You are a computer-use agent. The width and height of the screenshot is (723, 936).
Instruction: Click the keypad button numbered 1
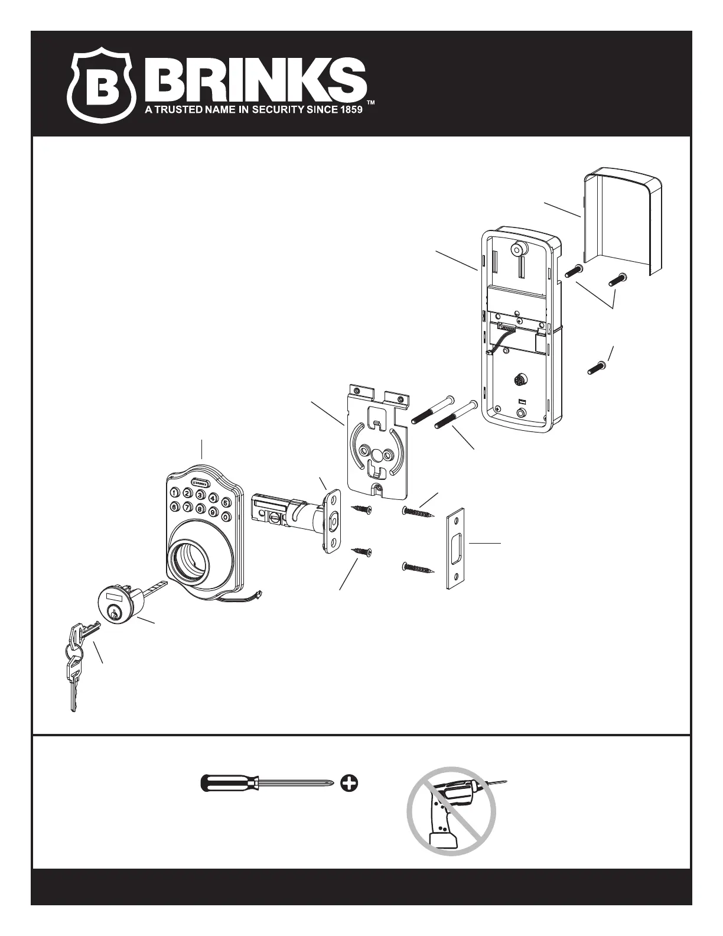[175, 492]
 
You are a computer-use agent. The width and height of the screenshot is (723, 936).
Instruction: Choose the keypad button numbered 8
[200, 509]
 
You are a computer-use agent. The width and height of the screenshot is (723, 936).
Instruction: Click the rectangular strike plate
[455, 549]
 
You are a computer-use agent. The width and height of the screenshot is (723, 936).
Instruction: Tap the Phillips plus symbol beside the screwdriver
[350, 784]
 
